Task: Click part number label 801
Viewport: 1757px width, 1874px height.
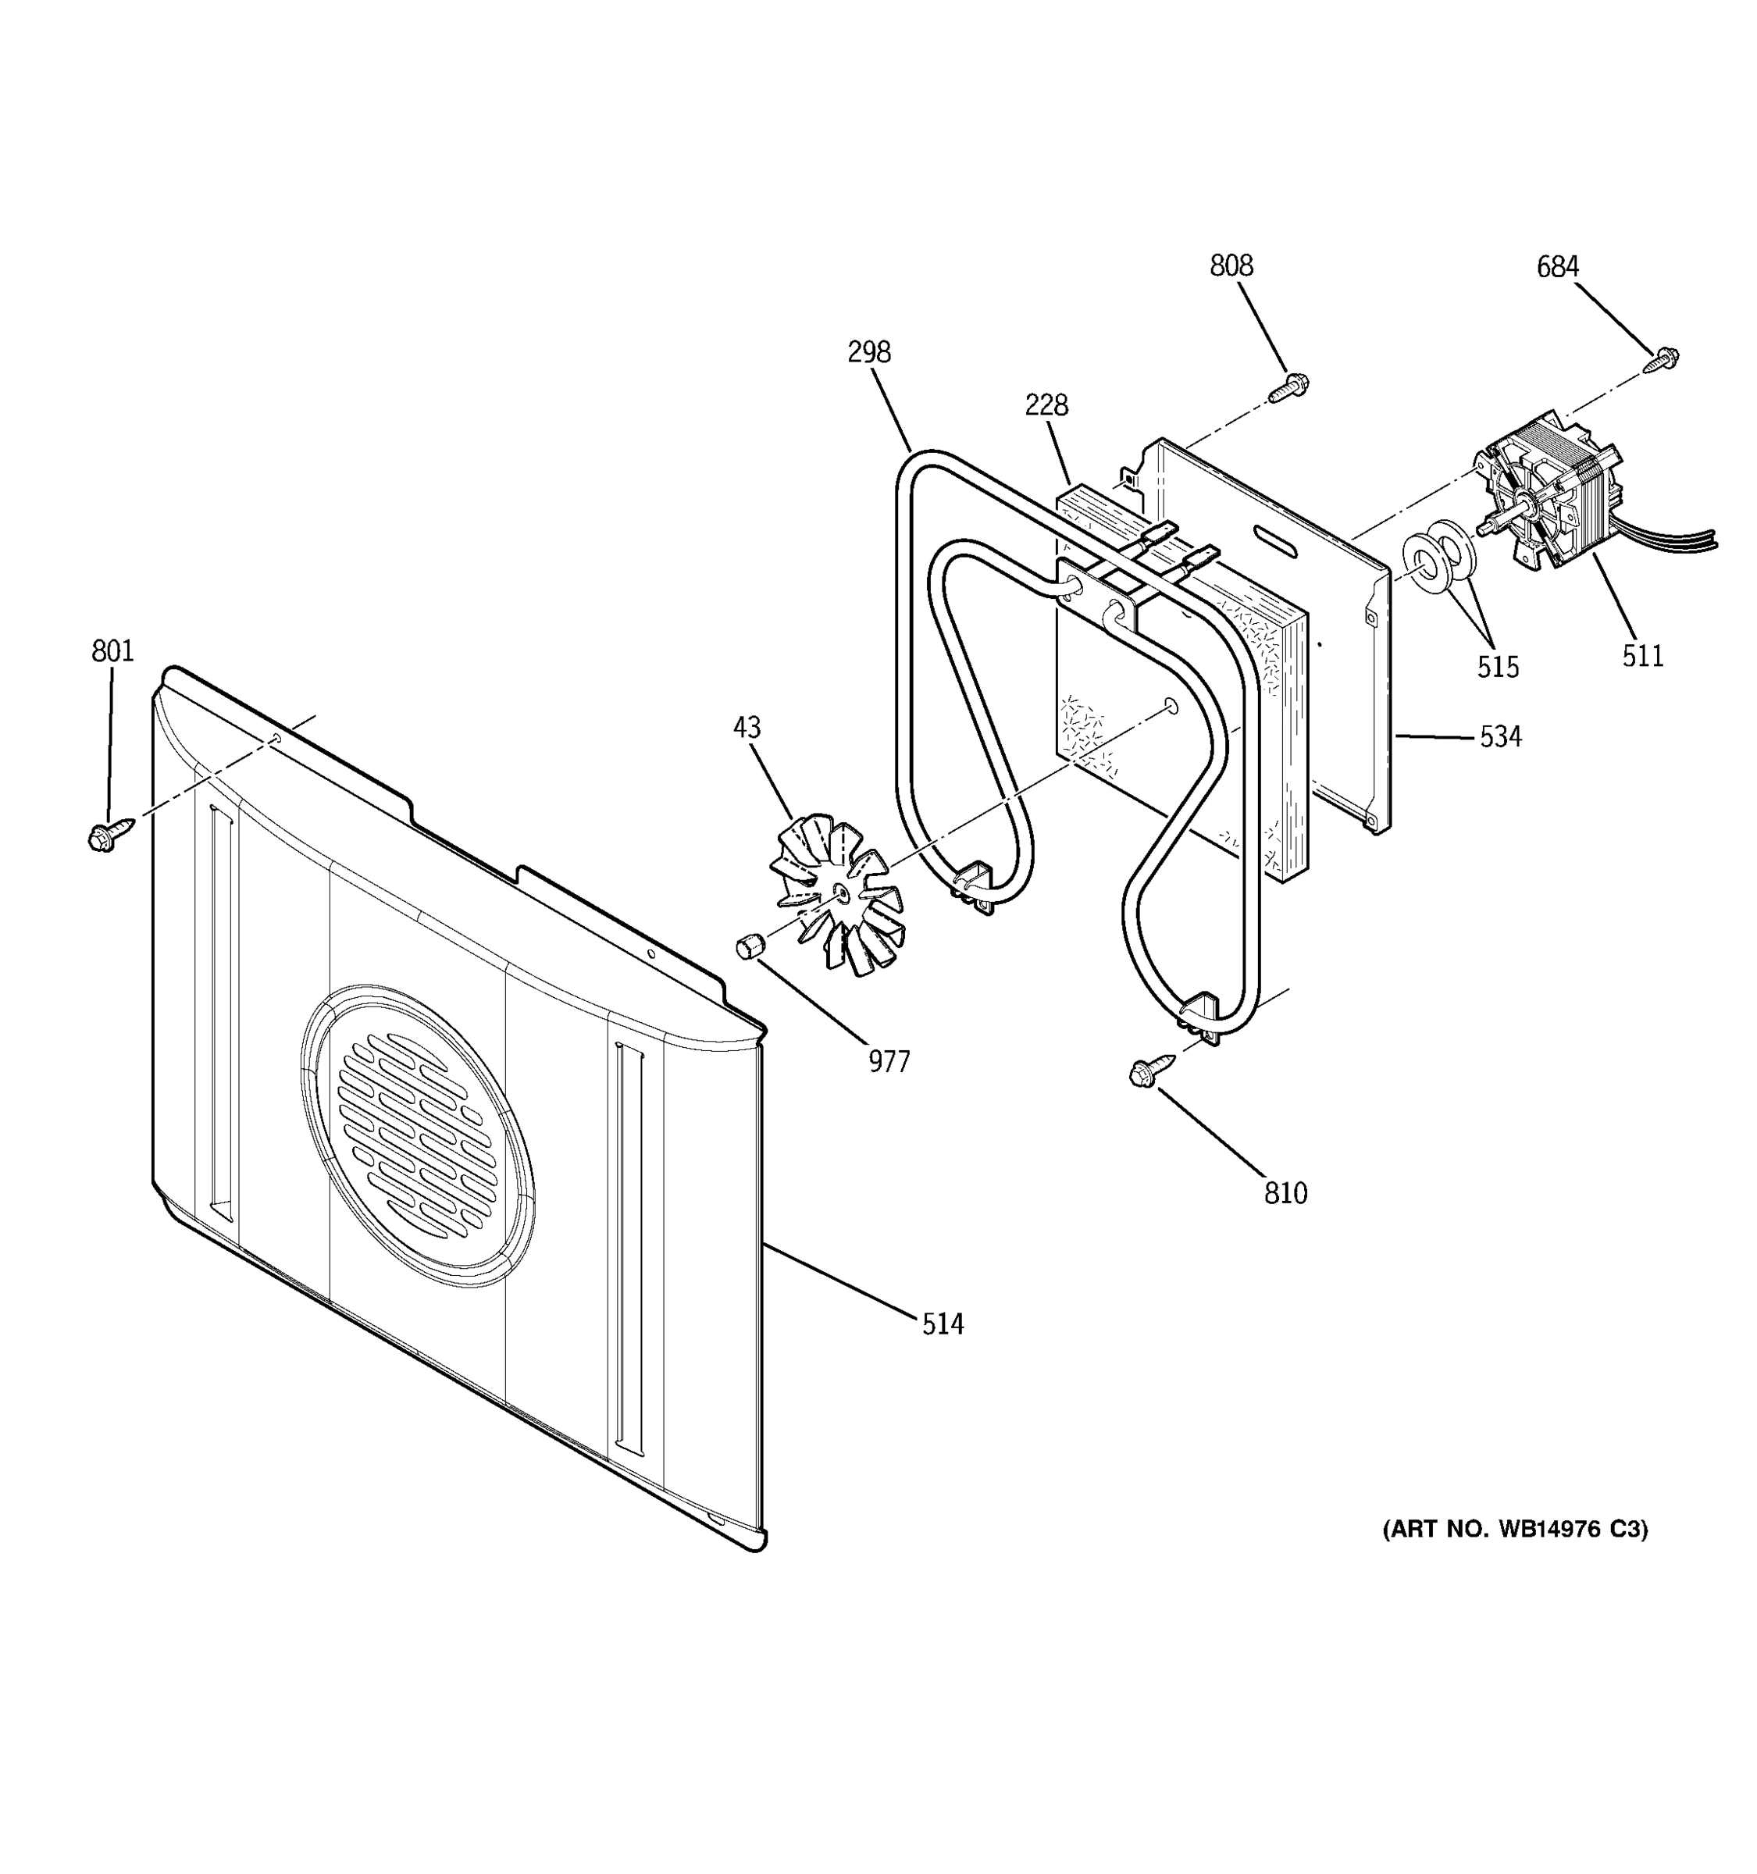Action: [x=112, y=651]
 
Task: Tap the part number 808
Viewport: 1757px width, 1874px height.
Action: [x=1231, y=267]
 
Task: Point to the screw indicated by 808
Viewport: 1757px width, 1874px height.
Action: [x=1290, y=387]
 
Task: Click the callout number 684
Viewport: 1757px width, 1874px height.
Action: [x=1557, y=268]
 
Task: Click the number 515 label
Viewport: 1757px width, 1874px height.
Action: [x=1498, y=668]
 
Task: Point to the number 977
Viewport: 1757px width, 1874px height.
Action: [x=889, y=1063]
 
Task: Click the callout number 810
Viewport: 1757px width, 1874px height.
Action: [x=1285, y=1193]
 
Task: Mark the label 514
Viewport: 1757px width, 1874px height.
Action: [x=943, y=1324]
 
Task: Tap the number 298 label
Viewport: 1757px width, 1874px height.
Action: [x=868, y=353]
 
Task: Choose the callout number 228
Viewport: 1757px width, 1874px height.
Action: [x=1046, y=405]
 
